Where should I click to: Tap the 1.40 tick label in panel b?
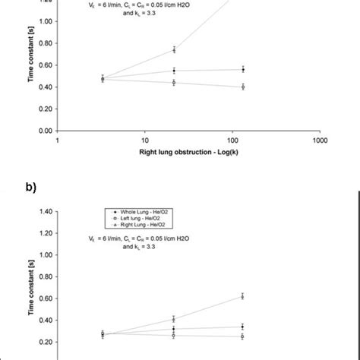pyautogui.click(x=46, y=211)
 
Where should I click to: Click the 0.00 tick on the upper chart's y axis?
pyautogui.click(x=46, y=131)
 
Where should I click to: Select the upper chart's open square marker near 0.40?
pyautogui.click(x=243, y=87)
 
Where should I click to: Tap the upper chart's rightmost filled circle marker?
pyautogui.click(x=243, y=69)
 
